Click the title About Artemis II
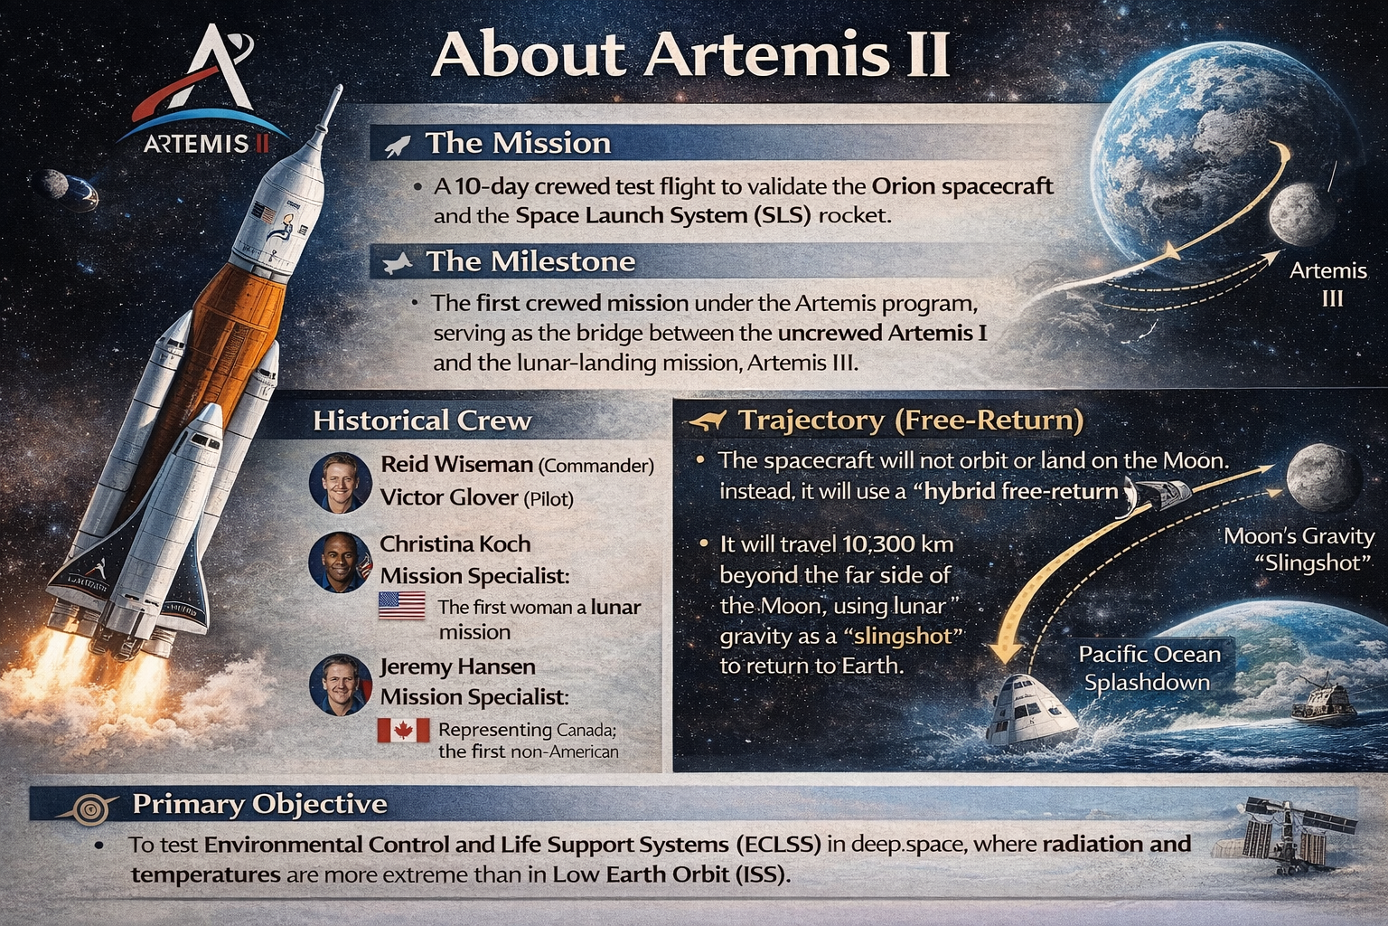coord(690,54)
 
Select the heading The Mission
coord(518,143)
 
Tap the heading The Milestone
coord(530,261)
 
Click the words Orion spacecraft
coord(962,186)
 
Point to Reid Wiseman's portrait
coord(340,483)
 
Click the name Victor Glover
coord(436,497)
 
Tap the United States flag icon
coord(401,605)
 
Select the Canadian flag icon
coord(403,730)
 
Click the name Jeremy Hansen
coord(457,666)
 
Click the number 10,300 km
coord(892,544)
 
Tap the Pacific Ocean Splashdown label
coord(1149,667)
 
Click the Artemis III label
coord(1327,284)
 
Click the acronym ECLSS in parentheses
coord(778,845)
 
